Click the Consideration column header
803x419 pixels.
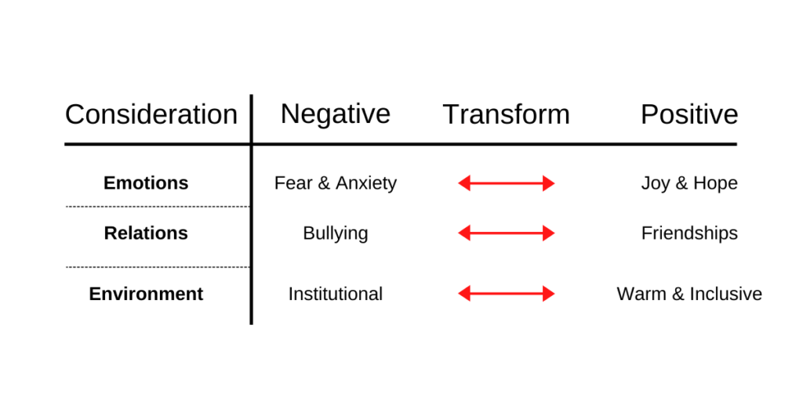pos(151,114)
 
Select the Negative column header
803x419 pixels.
pos(336,114)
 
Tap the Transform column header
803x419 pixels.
pos(506,114)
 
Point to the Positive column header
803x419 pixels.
pos(689,114)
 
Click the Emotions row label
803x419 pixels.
pos(146,182)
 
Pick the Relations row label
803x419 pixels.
pos(146,233)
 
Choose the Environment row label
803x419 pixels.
pos(146,294)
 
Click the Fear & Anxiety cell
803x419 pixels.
pos(336,182)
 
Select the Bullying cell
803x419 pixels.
pos(336,233)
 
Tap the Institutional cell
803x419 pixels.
pos(336,294)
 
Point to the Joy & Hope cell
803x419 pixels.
pos(689,183)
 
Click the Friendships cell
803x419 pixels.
pos(689,233)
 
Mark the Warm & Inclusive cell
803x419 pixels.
pos(689,294)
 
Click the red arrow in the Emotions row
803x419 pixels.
pos(506,183)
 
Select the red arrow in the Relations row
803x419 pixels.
pos(506,233)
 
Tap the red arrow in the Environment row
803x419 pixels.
pos(506,294)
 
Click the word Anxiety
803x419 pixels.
pos(366,183)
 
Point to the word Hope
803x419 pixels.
pos(714,183)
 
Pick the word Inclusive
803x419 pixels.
pos(725,294)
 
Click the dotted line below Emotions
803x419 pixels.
pos(158,207)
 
